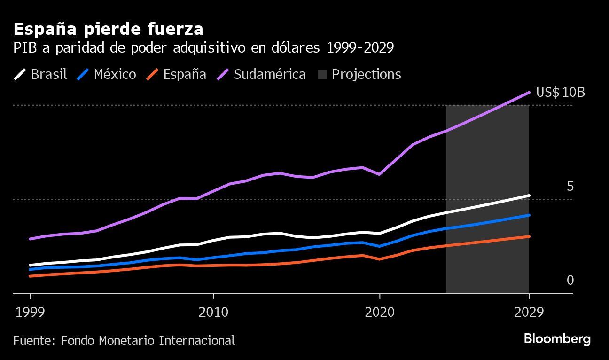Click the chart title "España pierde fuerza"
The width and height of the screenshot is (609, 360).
tap(108, 29)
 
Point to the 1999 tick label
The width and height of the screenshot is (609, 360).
tap(31, 312)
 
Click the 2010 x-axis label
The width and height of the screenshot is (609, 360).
tap(213, 312)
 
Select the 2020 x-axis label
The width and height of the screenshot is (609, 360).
tap(380, 312)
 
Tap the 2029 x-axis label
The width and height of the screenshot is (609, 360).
tap(529, 312)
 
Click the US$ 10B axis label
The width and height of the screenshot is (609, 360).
tap(561, 92)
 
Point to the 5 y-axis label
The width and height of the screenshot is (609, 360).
tap(570, 186)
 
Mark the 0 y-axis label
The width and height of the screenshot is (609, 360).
tap(570, 280)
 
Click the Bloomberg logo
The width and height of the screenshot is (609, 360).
tap(557, 338)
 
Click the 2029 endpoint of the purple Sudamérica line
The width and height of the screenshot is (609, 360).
tap(529, 92)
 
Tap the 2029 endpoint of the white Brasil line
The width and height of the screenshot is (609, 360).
tap(529, 196)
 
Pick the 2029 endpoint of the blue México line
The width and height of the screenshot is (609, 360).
tap(529, 215)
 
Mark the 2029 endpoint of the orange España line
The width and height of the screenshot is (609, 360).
tap(529, 236)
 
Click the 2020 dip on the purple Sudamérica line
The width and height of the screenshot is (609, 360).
tap(379, 174)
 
